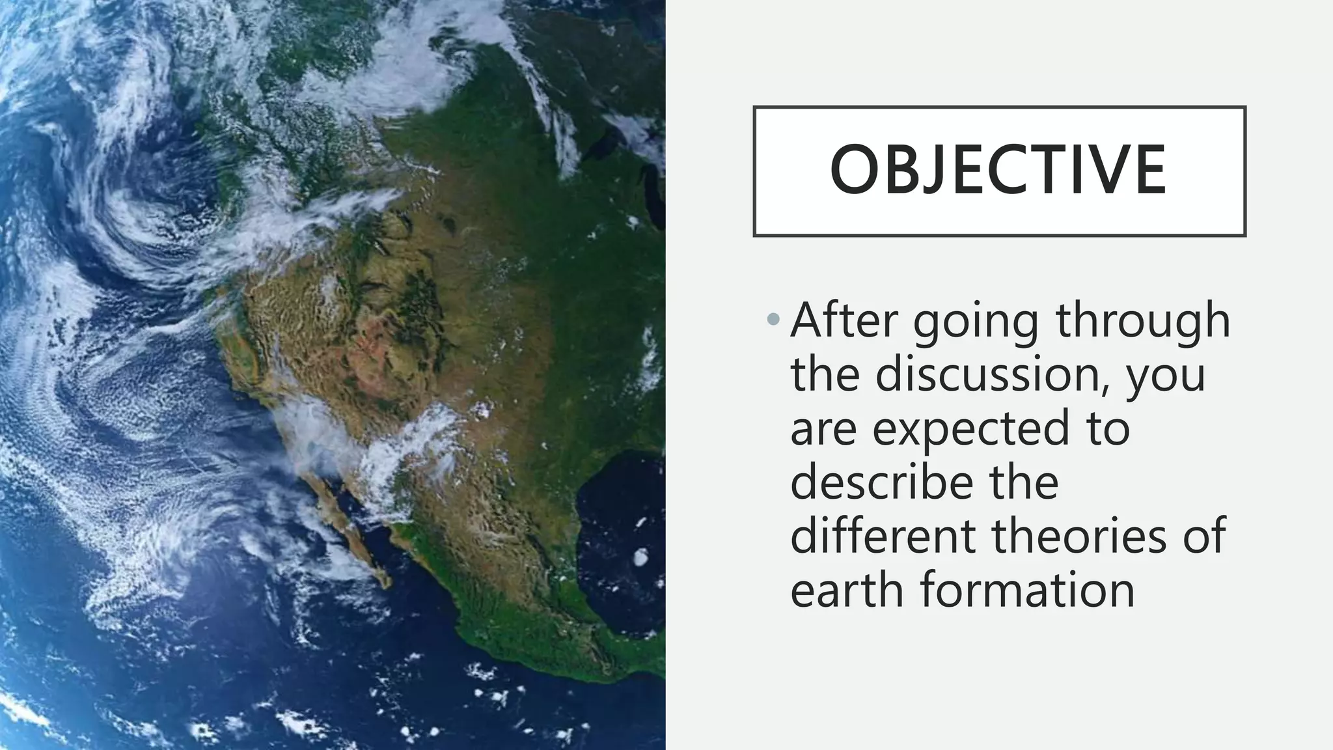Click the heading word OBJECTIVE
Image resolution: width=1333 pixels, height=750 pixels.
[x=998, y=171]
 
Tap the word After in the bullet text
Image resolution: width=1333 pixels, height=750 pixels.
[x=844, y=320]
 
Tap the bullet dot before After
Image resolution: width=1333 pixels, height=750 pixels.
[x=773, y=319]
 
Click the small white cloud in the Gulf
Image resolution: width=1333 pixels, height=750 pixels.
[x=640, y=557]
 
